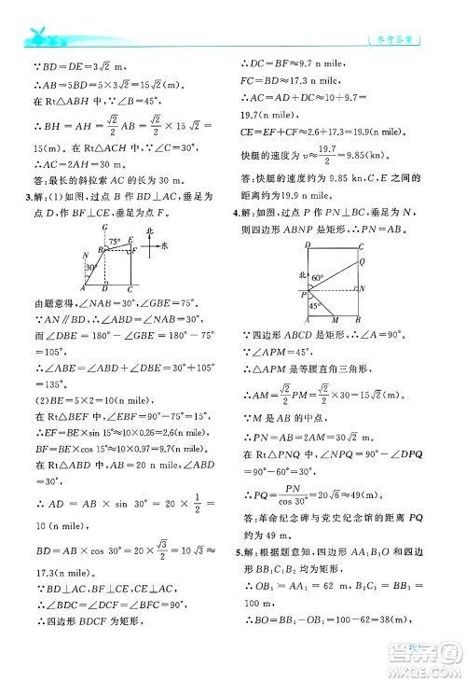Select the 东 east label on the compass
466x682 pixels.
click(x=164, y=246)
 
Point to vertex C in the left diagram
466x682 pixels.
click(x=130, y=290)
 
